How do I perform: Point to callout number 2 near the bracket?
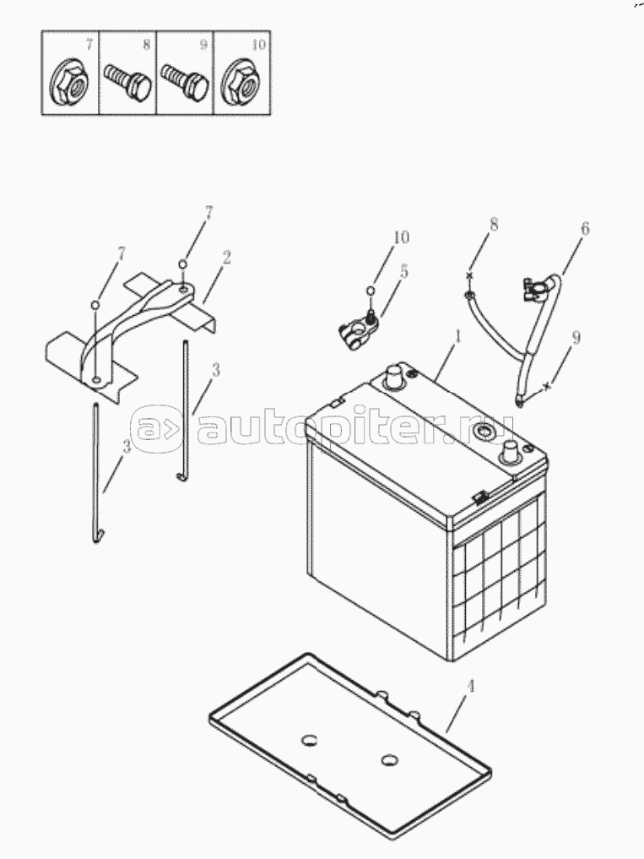tap(225, 258)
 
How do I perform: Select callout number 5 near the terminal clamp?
tap(403, 270)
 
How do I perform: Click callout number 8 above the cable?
tap(494, 224)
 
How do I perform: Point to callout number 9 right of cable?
tap(575, 338)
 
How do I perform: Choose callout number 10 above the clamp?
tap(401, 237)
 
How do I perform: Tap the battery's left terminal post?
tap(392, 378)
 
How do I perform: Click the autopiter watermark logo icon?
tap(156, 429)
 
